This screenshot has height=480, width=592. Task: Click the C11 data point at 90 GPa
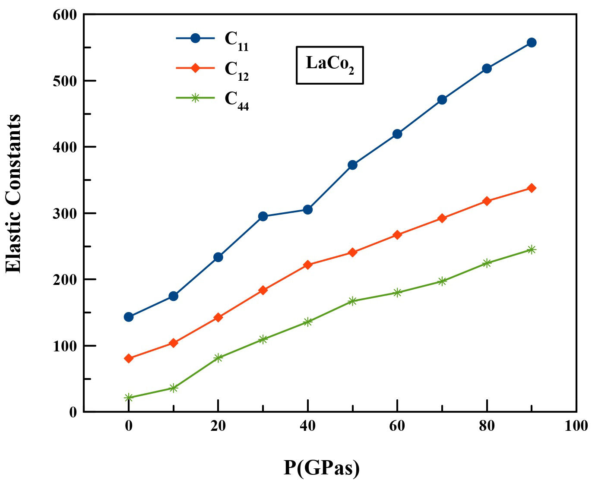pos(532,42)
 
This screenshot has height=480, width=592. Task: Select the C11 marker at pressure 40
pos(308,209)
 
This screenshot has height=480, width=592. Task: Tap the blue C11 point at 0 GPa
pos(129,317)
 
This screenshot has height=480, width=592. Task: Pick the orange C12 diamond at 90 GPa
pos(532,188)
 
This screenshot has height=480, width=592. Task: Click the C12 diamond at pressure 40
pos(308,265)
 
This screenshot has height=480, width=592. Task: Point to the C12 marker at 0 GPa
pos(129,358)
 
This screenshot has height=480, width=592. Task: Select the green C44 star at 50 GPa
pos(352,301)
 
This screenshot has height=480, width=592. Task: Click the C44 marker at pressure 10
pos(174,388)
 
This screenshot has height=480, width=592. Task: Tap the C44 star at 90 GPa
pos(532,249)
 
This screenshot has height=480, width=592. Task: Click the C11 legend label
pos(236,41)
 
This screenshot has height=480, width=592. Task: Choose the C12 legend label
pos(236,70)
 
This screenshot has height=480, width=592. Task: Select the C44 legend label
pos(236,100)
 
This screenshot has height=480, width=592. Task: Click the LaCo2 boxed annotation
pos(329,65)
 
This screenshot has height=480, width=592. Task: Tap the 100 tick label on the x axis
pos(576,426)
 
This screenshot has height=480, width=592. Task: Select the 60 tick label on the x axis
pos(397,426)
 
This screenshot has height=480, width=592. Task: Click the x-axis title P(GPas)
pos(322,467)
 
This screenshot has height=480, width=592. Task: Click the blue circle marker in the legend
pos(195,38)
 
